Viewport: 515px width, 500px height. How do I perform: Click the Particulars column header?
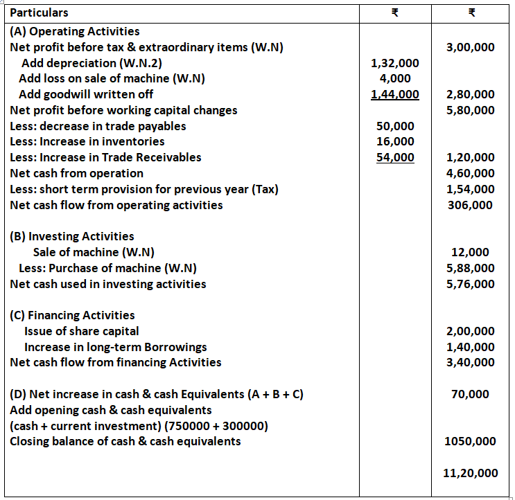coord(40,12)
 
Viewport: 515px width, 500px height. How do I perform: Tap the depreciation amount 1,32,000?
coord(394,63)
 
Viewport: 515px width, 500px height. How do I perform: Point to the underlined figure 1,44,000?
coord(394,94)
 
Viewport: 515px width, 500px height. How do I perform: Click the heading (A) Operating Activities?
coord(75,31)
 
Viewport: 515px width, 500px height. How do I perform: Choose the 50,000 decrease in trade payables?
coord(394,126)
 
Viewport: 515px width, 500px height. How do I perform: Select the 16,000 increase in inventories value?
coord(394,141)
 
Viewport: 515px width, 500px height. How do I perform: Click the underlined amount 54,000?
coord(394,157)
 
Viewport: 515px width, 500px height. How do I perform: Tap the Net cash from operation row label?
coord(77,173)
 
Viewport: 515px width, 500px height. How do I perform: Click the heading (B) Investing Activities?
coord(72,236)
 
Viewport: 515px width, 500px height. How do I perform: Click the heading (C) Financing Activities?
coord(73,315)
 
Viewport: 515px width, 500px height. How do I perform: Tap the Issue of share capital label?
coord(81,331)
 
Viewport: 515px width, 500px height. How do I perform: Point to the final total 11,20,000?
coord(470,473)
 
